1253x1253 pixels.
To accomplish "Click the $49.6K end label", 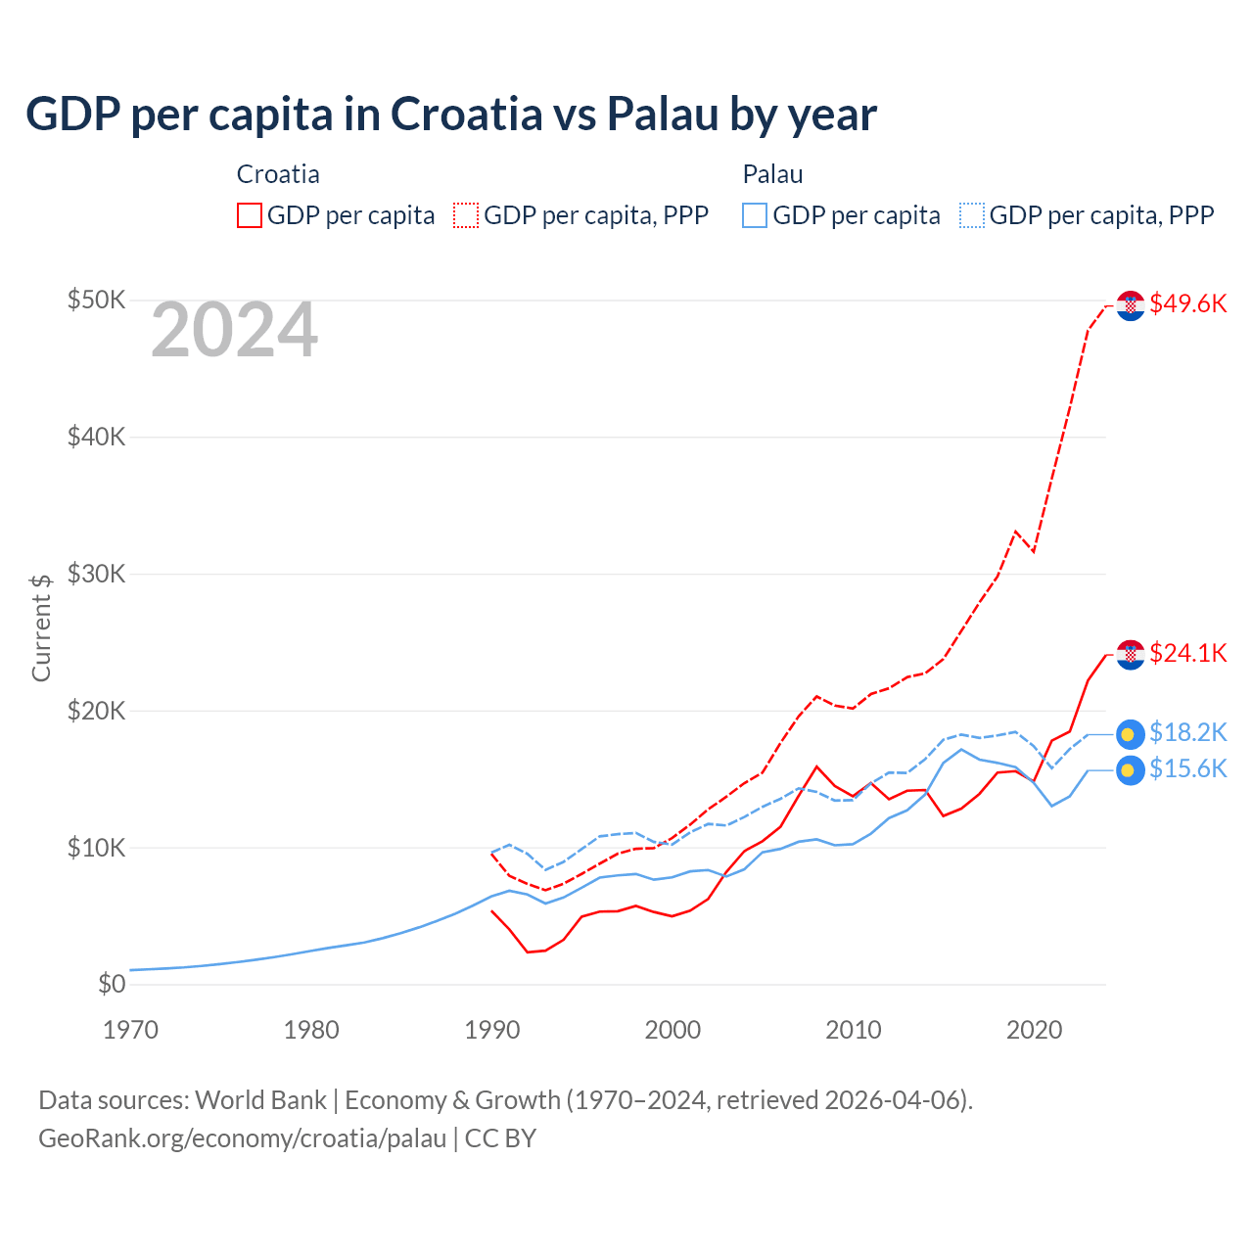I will [x=1187, y=303].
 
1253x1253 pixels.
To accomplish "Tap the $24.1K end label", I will [x=1187, y=653].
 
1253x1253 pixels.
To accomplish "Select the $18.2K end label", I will [x=1187, y=732].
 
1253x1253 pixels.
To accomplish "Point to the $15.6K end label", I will [x=1187, y=768].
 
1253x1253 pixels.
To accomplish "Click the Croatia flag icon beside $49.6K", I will [x=1131, y=305].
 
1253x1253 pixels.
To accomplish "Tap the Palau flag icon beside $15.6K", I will [x=1131, y=770].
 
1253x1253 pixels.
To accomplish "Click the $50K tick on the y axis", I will [x=96, y=300].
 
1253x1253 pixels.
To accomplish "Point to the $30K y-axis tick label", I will [x=96, y=574].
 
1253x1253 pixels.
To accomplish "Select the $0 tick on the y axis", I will [x=112, y=984].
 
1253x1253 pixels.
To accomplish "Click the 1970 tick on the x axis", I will [x=130, y=1030].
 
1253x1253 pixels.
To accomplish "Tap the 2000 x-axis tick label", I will [x=673, y=1030].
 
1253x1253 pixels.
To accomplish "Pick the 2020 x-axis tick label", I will [x=1035, y=1030].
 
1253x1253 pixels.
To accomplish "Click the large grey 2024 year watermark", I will [x=234, y=330].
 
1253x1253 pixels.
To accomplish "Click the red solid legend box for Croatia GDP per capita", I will [x=250, y=215].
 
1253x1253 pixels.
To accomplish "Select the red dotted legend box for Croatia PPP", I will [x=466, y=215].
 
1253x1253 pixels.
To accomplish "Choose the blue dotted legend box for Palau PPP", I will [x=972, y=215].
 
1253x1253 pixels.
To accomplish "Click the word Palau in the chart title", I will [x=663, y=114].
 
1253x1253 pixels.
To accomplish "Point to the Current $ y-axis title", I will [x=41, y=627].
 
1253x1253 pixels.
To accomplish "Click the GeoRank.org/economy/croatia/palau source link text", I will [x=242, y=1138].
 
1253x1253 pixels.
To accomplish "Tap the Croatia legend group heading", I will [x=278, y=174].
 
